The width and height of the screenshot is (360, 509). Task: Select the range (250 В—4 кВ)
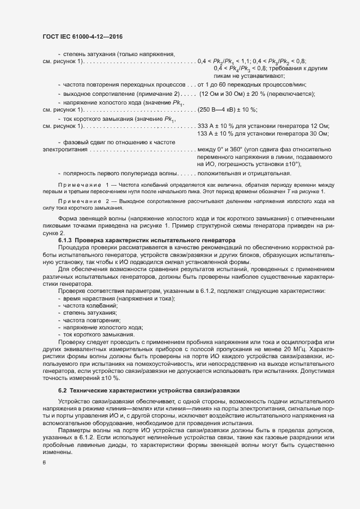pos(219,110)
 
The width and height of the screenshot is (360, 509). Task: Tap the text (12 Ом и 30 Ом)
pos(223,94)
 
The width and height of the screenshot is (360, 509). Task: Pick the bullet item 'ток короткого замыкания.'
pos(95,334)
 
